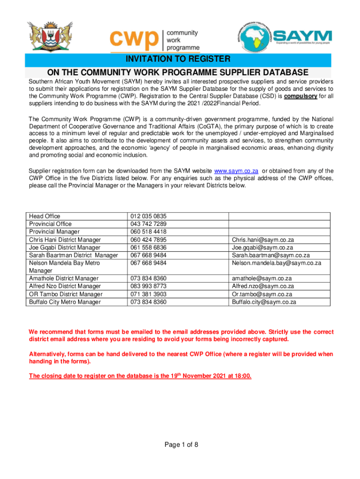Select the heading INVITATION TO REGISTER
(177, 59)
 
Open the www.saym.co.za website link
(236, 171)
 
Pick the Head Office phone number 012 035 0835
(149, 216)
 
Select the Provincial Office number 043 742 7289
(149, 224)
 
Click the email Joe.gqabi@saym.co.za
(262, 247)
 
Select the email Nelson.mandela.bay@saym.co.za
(276, 263)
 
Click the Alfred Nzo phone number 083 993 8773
(149, 286)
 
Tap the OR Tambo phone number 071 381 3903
(149, 294)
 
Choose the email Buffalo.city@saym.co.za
(264, 302)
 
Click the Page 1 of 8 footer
(180, 444)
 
